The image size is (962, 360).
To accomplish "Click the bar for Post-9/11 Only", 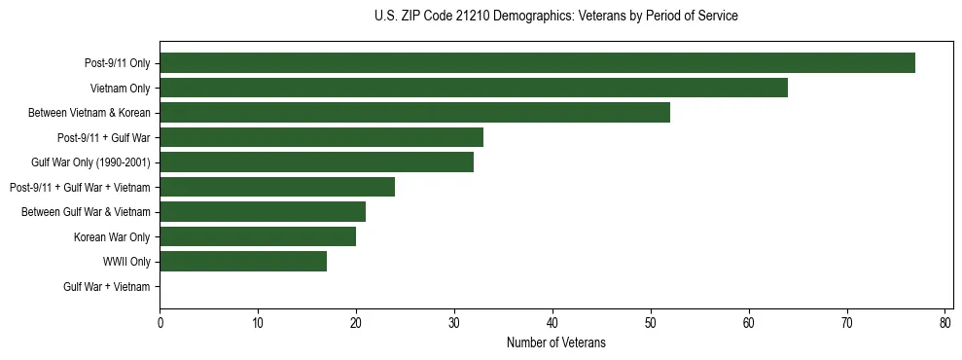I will tap(537, 63).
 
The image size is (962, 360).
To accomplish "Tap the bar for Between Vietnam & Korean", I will tap(414, 113).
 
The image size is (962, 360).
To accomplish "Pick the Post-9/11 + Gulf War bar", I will tap(321, 137).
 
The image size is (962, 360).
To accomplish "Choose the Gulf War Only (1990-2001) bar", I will tap(316, 162).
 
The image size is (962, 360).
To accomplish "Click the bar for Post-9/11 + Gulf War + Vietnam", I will tap(277, 187).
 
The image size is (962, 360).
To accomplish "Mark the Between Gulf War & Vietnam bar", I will tap(263, 211).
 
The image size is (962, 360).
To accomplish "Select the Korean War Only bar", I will tap(258, 236).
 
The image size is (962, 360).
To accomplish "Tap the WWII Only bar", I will tap(243, 261).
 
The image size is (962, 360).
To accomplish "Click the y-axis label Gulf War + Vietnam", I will tap(107, 286).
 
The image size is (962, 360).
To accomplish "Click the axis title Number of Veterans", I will tap(555, 342).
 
